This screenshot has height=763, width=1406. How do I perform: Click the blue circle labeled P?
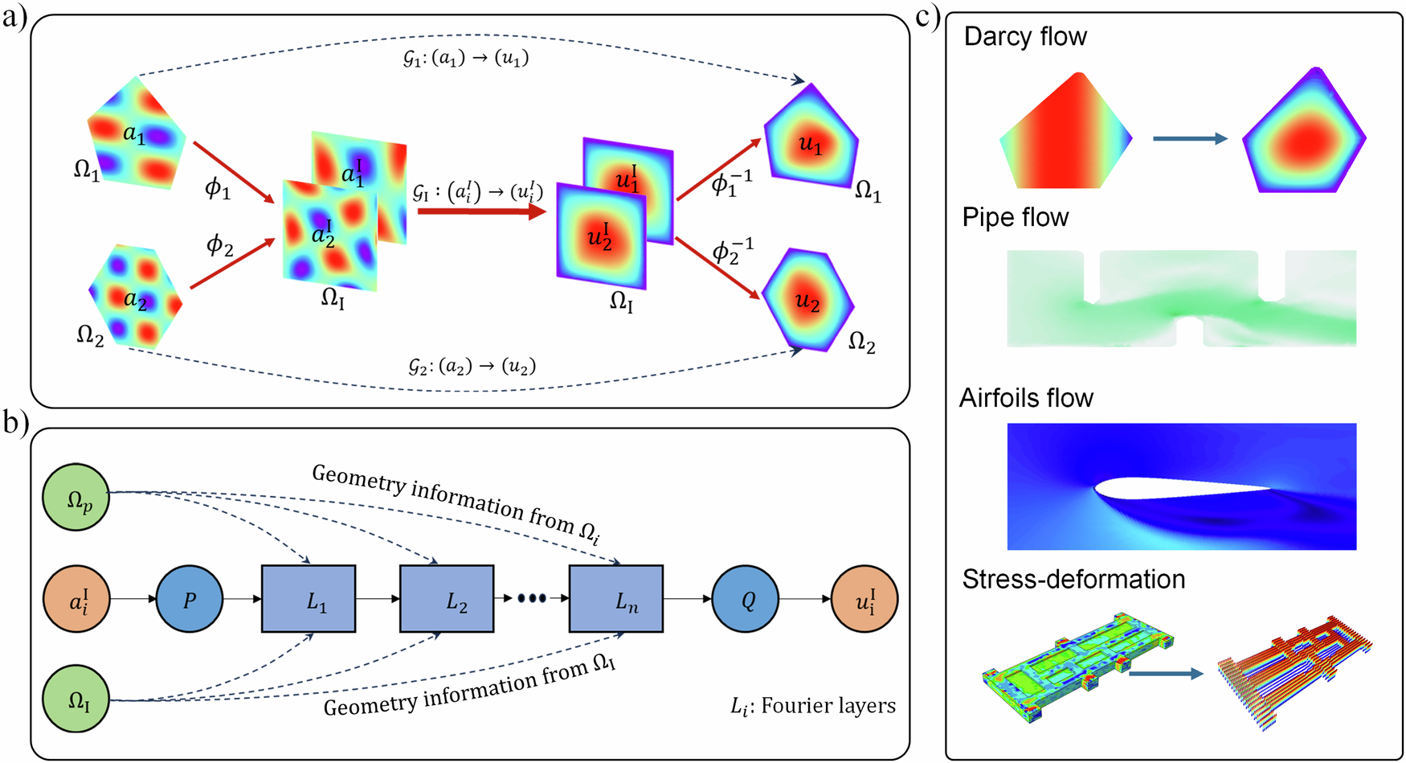190,599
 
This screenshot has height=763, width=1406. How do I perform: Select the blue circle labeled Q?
746,599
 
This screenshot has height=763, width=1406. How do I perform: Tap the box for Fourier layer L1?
309,599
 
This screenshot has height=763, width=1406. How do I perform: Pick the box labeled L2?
447,599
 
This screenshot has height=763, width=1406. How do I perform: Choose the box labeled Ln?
616,599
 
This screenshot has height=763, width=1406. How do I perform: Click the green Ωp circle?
76,497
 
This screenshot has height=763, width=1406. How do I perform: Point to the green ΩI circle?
76,699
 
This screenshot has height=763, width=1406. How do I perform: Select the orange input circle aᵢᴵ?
76,599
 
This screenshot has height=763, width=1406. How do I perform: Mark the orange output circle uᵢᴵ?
864,599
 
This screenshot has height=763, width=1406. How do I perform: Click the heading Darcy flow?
1025,36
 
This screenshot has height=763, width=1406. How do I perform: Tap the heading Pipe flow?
1016,217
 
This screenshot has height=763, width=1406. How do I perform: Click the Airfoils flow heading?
1026,398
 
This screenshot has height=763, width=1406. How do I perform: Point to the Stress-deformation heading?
1073,579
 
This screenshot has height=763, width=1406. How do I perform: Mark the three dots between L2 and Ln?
532,599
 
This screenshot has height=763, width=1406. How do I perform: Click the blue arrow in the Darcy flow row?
1190,138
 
